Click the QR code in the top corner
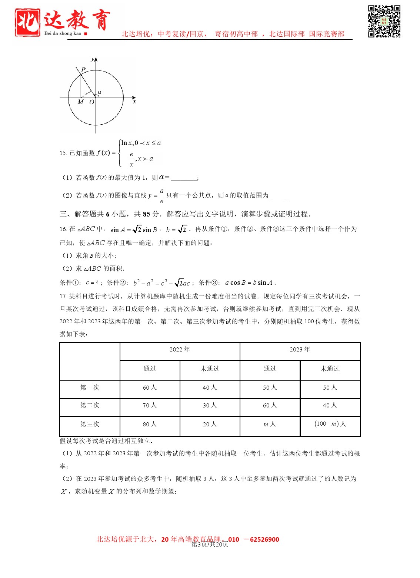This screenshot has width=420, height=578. coord(384,21)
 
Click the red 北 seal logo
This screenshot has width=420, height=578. coord(27,22)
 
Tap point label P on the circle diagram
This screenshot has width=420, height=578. coord(83,70)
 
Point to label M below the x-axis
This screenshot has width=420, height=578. coord(80,102)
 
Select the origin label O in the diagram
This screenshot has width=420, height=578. coord(91,102)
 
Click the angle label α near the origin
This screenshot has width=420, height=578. coord(99,92)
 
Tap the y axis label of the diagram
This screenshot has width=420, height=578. coord(93,59)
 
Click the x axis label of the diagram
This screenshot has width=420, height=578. coord(134,102)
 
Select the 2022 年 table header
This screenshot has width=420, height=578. coord(180,350)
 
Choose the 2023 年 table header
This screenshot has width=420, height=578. coord(300,350)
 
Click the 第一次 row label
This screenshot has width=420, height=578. coord(90,387)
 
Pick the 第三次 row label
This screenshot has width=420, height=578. coord(90,424)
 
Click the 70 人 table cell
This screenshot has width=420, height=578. coord(150,406)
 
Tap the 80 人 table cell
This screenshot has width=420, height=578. coord(150,424)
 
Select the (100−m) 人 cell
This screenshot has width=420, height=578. coord(330,424)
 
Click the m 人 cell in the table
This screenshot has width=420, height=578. coord(270,424)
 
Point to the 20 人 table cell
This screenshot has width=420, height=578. coord(210,424)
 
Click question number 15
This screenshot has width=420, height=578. coord(63,153)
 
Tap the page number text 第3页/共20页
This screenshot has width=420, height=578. coord(210,545)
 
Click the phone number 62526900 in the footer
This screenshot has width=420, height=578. coord(264,539)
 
